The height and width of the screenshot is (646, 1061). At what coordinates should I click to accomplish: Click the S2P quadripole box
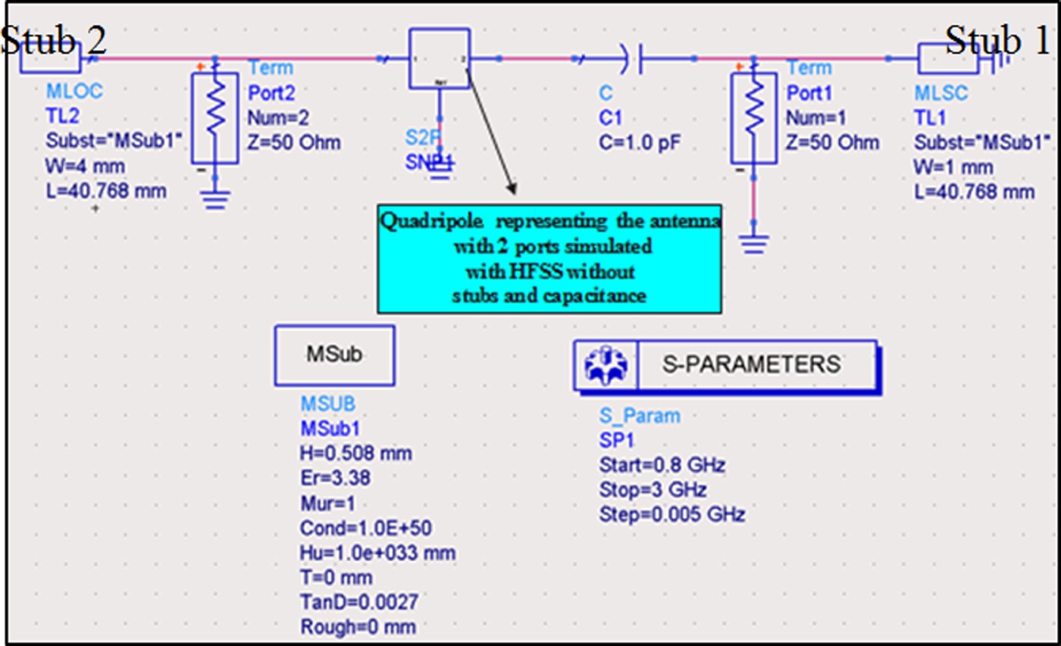439,58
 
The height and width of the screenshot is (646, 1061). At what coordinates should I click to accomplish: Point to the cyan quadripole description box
549,258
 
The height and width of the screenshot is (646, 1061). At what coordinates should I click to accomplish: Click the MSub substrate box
334,355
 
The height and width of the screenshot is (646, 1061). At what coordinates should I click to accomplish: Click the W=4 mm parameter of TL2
77,167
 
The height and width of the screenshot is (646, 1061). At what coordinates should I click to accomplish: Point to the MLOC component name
74,92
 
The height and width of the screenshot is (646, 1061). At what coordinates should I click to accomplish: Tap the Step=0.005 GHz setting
671,515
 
